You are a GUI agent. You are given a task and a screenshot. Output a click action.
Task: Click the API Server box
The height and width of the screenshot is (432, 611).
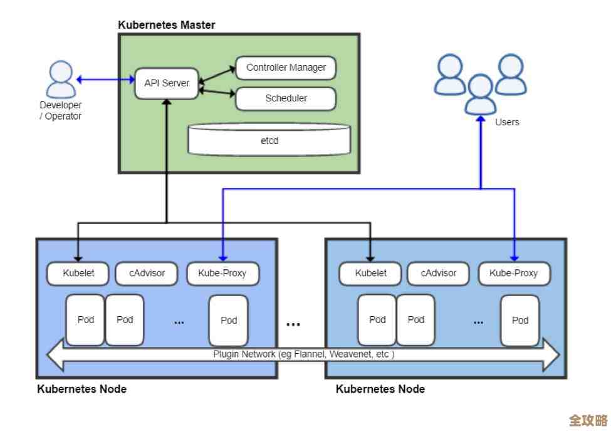click(x=167, y=83)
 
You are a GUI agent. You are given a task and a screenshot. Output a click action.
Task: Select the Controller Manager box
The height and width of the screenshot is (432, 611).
click(x=286, y=68)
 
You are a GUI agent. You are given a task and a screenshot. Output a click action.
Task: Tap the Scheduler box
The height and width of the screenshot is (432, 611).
click(x=286, y=98)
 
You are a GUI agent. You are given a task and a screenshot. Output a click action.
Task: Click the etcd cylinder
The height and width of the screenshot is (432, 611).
click(x=269, y=140)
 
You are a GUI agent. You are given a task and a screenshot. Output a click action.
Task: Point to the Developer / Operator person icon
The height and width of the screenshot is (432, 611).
click(x=61, y=79)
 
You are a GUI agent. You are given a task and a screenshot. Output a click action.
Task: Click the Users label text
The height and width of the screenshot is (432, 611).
click(x=507, y=122)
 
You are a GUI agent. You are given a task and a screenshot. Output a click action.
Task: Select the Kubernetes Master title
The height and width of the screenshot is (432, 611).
click(x=167, y=25)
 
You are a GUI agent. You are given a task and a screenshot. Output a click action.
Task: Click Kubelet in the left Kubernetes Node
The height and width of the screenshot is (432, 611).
click(x=78, y=273)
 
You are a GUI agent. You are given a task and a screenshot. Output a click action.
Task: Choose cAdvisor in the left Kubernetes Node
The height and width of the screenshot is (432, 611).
click(x=147, y=273)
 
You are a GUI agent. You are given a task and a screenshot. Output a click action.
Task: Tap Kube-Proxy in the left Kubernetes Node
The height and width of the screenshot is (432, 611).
click(x=222, y=273)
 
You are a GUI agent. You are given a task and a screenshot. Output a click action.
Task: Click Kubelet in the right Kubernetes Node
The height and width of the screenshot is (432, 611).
click(x=370, y=273)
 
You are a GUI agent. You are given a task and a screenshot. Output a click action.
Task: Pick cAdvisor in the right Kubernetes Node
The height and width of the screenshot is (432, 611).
click(x=439, y=273)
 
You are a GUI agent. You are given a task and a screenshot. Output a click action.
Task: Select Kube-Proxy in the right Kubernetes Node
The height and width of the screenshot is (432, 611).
click(x=514, y=273)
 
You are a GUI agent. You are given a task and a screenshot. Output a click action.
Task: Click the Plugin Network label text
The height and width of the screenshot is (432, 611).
click(x=304, y=354)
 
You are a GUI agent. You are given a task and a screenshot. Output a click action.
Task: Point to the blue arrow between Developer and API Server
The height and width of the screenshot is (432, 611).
click(x=105, y=80)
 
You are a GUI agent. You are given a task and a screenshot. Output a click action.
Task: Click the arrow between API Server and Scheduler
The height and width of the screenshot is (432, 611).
click(x=216, y=93)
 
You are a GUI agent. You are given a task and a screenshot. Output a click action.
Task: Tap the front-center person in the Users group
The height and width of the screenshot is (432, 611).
click(x=481, y=94)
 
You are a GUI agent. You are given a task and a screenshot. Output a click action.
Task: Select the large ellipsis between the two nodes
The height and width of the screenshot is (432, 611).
click(x=293, y=324)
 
